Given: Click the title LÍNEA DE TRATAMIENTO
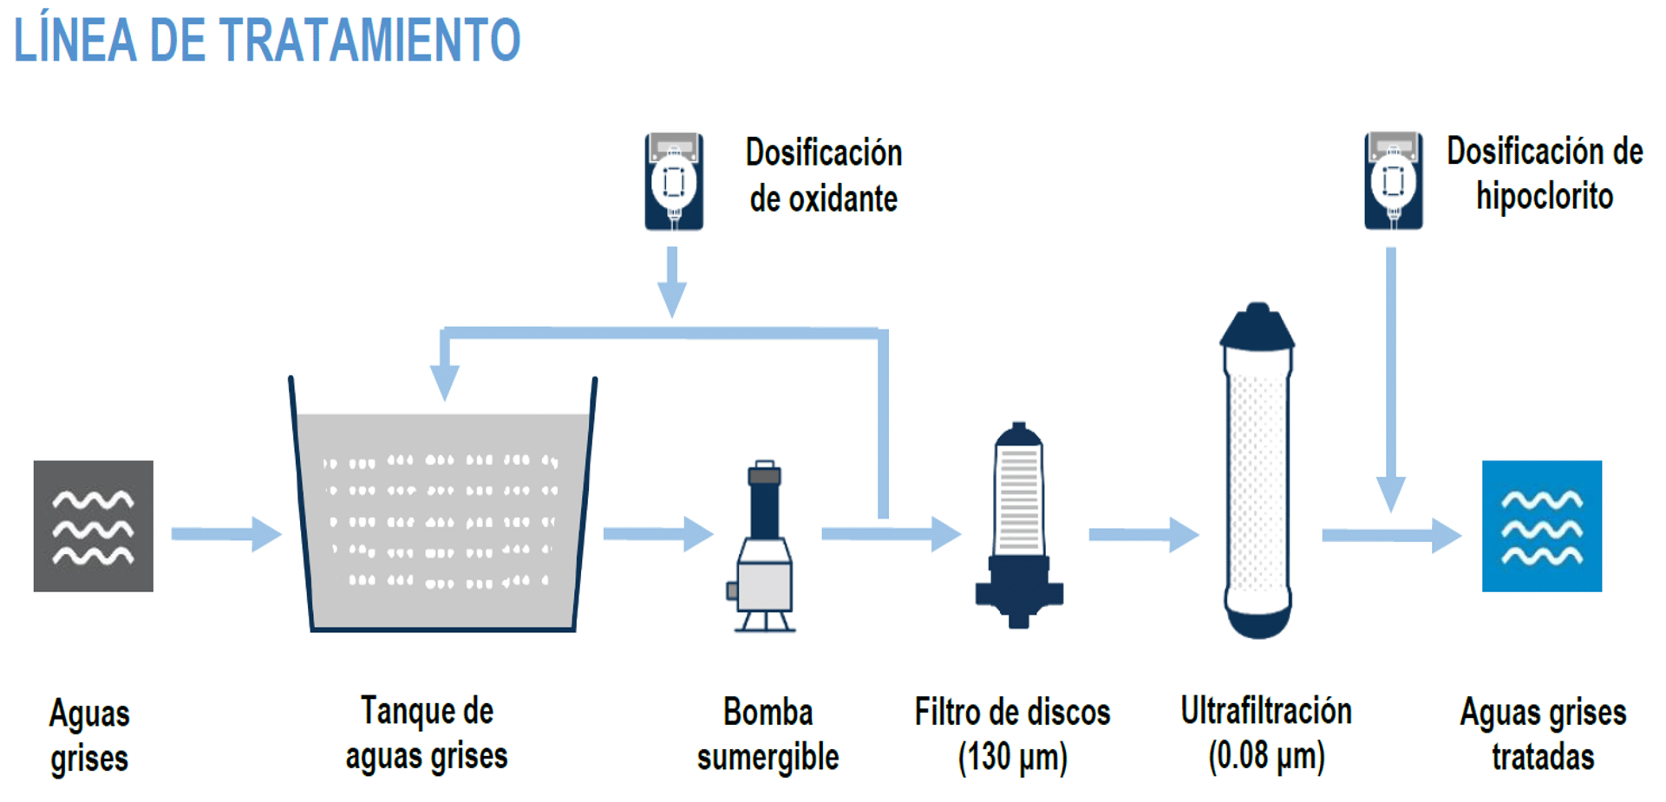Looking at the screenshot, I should coord(267,40).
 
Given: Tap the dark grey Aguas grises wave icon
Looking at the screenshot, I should coord(94,526).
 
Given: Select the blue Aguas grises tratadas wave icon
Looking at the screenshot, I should coord(1541,526).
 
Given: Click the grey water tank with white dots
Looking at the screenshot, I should coord(442,520).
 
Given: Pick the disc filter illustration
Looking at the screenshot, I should coord(1019,525).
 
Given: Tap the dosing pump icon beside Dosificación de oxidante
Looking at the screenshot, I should coord(674,181).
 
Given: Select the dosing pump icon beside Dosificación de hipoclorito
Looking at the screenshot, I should coord(1393,181).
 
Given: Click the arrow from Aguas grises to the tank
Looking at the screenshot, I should coord(225,534).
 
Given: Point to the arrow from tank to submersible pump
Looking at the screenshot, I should coord(657,534).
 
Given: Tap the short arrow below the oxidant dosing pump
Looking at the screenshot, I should coord(672,282).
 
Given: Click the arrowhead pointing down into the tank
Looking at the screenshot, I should coord(445,381).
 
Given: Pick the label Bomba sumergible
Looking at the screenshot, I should coord(768,734).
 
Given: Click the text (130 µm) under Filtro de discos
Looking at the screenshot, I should coord(1012,757).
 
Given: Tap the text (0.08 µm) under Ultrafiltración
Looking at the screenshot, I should coord(1266,756).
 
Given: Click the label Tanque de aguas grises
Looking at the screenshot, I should coord(427,734).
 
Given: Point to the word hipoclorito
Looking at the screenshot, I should coord(1545,197).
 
